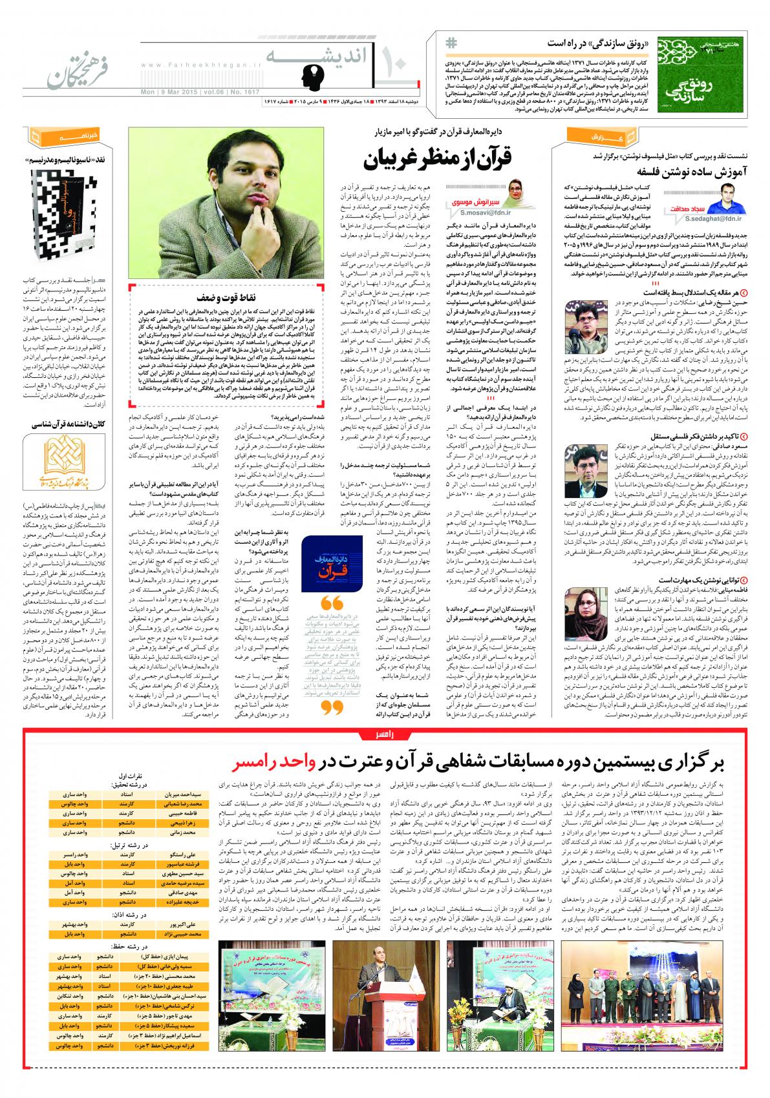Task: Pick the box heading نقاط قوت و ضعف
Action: pyautogui.click(x=258, y=297)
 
